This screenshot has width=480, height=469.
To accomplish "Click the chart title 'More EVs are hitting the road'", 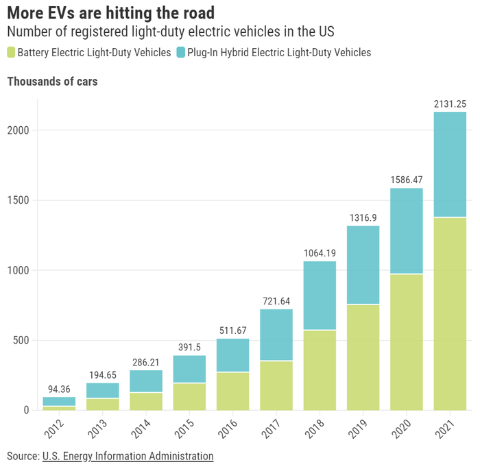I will [110, 12].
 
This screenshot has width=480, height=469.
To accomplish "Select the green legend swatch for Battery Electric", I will [11, 52].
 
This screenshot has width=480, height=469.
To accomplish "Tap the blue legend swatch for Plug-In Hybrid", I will [182, 52].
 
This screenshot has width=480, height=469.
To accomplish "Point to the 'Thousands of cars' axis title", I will [52, 82].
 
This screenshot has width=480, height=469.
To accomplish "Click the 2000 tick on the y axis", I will [18, 130].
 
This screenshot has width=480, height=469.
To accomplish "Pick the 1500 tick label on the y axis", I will [18, 200].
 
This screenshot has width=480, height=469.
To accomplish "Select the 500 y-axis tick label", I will [21, 341].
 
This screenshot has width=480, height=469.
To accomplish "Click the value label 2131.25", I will [450, 104].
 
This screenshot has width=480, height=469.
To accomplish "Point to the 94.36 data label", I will [59, 389].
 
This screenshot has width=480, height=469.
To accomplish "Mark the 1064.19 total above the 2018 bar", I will [320, 254].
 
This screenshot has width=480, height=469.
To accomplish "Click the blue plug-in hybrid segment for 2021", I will [450, 165].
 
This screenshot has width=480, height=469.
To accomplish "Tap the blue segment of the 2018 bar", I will [320, 295].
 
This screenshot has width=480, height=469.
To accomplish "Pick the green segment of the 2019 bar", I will [363, 357].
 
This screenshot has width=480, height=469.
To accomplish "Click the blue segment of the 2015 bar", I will [189, 369].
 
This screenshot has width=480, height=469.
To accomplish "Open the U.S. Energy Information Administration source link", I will [128, 456].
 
